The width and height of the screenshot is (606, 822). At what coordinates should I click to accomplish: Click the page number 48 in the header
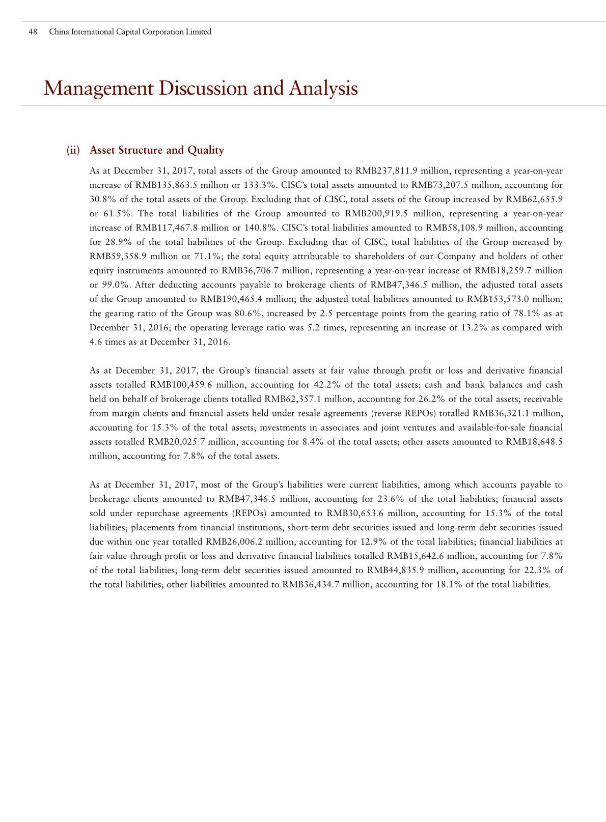[33, 32]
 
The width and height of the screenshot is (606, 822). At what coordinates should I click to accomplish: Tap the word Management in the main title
[98, 89]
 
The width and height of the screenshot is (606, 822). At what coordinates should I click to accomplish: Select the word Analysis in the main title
[323, 89]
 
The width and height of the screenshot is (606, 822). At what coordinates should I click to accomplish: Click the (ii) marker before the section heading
[73, 150]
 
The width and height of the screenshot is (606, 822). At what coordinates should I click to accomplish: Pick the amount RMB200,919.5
[377, 214]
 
